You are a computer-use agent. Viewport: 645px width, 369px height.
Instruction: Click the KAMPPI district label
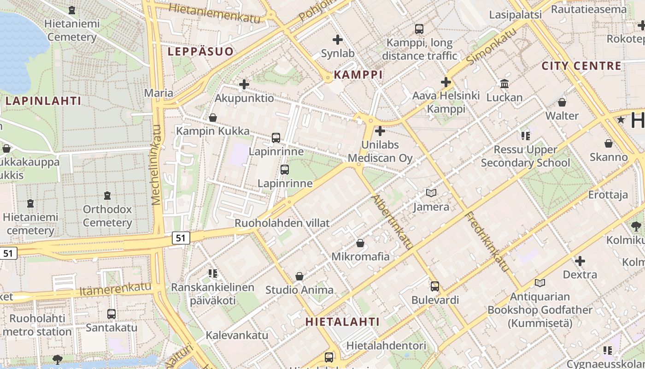[x=358, y=74]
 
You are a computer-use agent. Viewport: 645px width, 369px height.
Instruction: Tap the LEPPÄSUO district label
[x=200, y=51]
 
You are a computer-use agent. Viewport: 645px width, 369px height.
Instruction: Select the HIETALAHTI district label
[x=342, y=322]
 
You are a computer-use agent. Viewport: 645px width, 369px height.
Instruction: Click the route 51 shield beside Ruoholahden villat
[x=181, y=238]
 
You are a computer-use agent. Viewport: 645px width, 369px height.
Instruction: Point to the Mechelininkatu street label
[x=157, y=165]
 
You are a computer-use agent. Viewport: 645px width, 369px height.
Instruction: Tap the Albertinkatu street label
[x=391, y=222]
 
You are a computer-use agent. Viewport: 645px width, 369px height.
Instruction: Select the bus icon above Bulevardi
[x=434, y=286]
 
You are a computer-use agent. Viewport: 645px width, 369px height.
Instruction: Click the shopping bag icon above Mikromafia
[x=360, y=243]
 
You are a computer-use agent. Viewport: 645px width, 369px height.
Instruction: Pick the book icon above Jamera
[x=431, y=193]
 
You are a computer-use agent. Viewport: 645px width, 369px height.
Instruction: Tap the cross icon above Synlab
[x=338, y=40]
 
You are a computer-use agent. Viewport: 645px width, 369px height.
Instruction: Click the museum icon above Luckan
[x=504, y=84]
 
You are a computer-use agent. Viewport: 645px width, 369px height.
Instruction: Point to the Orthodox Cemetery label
[x=107, y=216]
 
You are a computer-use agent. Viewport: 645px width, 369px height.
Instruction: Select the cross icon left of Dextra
[x=580, y=261]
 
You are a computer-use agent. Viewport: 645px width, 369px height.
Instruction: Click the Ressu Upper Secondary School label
[x=525, y=156]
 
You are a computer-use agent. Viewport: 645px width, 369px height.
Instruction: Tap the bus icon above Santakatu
[x=111, y=314]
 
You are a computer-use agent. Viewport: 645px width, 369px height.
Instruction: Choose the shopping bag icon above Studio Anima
[x=299, y=276]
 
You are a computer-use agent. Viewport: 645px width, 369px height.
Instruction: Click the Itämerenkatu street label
[x=115, y=290]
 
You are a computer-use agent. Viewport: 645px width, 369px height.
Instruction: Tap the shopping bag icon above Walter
[x=562, y=102]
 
